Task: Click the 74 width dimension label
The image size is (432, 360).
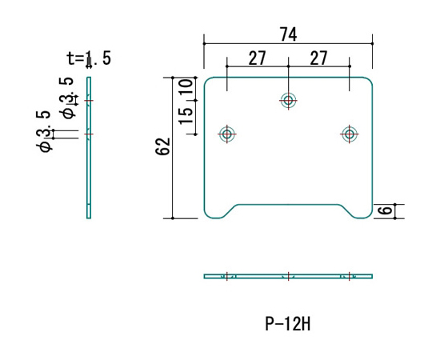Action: (289, 34)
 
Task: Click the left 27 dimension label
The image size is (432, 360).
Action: (258, 58)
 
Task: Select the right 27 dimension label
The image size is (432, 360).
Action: (318, 58)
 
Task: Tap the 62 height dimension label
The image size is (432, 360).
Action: (163, 146)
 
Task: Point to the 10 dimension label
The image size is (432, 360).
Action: (186, 86)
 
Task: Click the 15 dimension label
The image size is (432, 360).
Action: (186, 116)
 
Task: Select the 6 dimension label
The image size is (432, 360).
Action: (385, 210)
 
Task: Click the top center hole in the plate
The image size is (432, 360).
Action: (288, 100)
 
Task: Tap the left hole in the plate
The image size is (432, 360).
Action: (226, 134)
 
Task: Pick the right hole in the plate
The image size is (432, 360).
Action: (350, 134)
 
